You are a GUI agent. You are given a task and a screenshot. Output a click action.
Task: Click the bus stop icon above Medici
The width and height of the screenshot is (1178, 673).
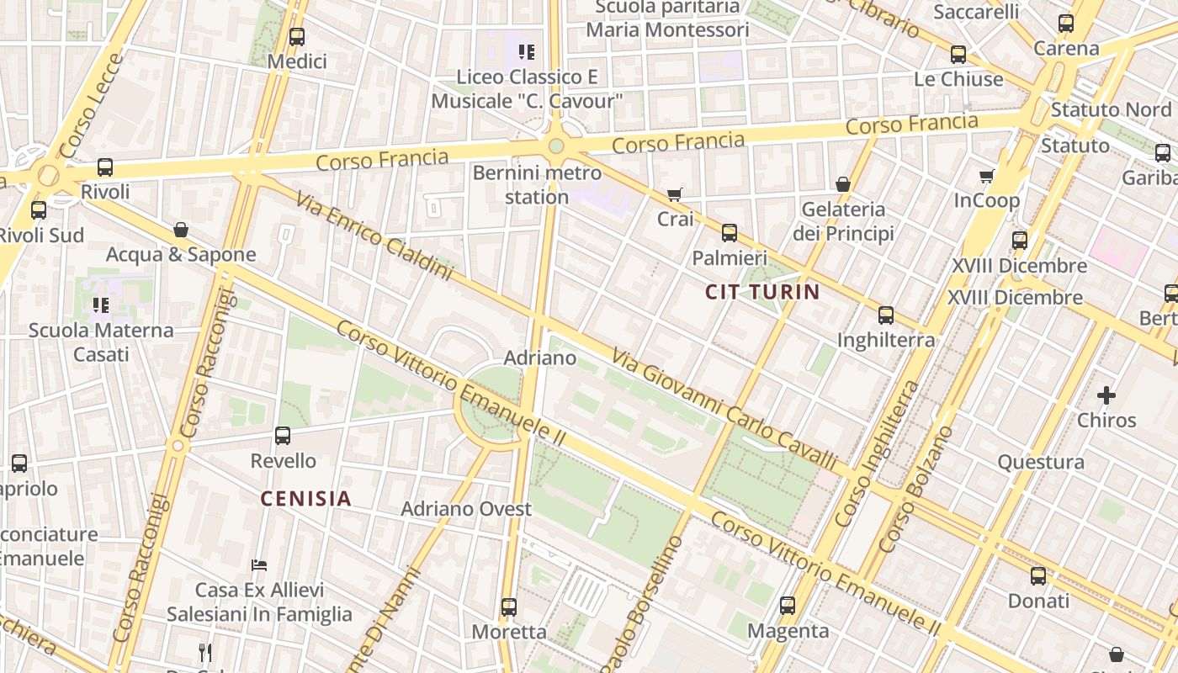pos(296,37)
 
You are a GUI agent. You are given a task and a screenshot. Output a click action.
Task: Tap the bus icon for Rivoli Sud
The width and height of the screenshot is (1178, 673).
pos(39,210)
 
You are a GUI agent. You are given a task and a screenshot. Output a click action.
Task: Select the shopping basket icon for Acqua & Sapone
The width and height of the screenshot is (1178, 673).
pos(180,230)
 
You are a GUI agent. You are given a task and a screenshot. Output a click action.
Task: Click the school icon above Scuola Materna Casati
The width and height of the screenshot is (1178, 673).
pos(101,305)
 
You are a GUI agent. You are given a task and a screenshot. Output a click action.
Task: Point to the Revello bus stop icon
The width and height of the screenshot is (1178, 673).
pos(283,436)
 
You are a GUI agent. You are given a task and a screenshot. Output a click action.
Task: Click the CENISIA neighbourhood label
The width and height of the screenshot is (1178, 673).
pos(305,499)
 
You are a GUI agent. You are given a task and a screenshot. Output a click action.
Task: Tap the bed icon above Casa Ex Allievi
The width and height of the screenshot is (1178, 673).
pos(259,565)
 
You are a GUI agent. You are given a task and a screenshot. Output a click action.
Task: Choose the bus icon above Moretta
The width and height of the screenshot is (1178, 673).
pos(508,607)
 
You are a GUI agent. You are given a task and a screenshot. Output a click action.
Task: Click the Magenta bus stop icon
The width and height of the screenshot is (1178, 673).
pos(788,606)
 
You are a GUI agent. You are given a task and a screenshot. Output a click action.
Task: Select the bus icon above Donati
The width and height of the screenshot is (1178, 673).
pos(1038,576)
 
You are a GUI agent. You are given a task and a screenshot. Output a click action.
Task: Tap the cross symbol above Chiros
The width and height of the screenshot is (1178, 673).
pos(1106,395)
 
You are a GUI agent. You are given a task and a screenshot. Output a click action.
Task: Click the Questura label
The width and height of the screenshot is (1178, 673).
pos(1041,462)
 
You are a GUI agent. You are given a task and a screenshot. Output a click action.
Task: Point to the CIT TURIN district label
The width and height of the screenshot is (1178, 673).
pos(762,292)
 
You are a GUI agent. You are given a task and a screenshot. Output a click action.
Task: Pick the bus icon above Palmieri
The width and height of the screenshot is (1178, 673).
pos(730,233)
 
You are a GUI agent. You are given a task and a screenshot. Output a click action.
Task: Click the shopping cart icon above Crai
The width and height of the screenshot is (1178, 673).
pos(674,195)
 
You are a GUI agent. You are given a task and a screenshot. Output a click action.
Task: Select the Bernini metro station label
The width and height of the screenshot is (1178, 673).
pos(537,185)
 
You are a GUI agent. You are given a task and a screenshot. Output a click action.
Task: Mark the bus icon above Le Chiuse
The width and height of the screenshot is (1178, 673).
pos(958,55)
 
